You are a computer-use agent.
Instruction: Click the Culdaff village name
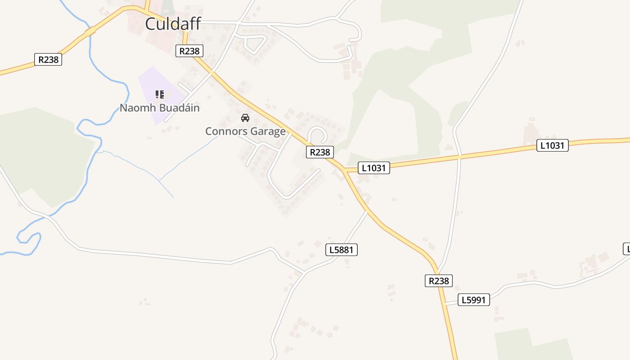(173, 24)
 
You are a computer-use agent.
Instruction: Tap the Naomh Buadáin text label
(159, 108)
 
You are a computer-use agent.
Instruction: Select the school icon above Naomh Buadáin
(159, 94)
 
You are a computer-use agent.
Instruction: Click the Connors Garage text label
(245, 131)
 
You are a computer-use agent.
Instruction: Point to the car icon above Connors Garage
(245, 118)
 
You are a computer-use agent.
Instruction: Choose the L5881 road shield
(342, 250)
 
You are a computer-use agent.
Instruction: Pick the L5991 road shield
(474, 300)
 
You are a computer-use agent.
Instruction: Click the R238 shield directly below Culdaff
(189, 51)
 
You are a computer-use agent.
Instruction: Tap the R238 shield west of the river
(48, 59)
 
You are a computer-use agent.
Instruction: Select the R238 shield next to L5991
(438, 281)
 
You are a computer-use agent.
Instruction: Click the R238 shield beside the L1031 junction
(320, 152)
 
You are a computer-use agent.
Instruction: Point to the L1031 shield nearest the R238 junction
(374, 168)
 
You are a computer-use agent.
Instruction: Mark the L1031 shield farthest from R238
(552, 145)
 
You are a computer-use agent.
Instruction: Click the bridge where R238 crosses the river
(90, 31)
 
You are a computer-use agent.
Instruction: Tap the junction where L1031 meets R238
(344, 170)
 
